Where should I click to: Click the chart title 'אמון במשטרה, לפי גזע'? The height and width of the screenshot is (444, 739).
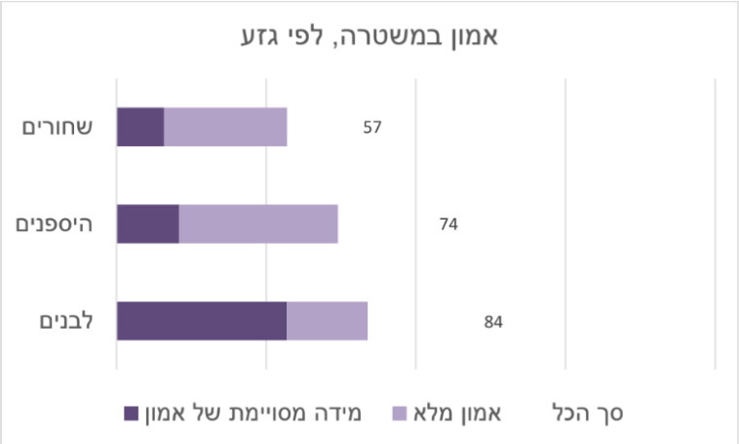pyautogui.click(x=369, y=38)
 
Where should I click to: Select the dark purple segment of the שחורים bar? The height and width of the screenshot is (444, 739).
pyautogui.click(x=140, y=127)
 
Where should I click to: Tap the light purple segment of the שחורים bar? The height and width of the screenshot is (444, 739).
pyautogui.click(x=225, y=127)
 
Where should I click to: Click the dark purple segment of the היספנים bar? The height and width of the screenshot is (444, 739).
pyautogui.click(x=148, y=223)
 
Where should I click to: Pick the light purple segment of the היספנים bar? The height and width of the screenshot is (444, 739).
pyautogui.click(x=258, y=223)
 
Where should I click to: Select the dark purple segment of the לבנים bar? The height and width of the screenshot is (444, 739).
pyautogui.click(x=202, y=321)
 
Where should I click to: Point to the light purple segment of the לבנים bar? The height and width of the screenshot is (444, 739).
pyautogui.click(x=327, y=321)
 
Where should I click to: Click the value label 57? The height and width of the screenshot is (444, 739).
pyautogui.click(x=371, y=128)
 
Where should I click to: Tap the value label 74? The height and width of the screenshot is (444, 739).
pyautogui.click(x=448, y=224)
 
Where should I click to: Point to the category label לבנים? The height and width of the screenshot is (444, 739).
pyautogui.click(x=66, y=321)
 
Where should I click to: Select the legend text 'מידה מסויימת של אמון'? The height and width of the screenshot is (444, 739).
pyautogui.click(x=253, y=413)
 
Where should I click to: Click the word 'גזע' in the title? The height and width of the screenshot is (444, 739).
pyautogui.click(x=262, y=38)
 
